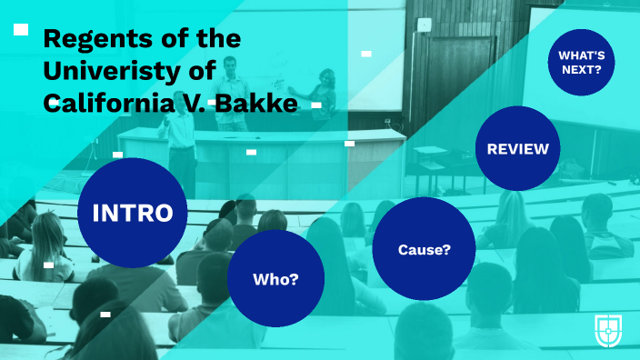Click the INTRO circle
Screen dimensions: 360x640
(x=133, y=213)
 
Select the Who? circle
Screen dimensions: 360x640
(x=275, y=278)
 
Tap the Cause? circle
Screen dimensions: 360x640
(x=424, y=248)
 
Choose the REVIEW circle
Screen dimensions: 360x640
(x=517, y=148)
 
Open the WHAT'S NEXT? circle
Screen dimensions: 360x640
(x=581, y=61)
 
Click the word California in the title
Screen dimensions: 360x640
(x=100, y=105)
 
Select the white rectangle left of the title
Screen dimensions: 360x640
(x=21, y=30)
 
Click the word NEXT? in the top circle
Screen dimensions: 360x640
(x=581, y=69)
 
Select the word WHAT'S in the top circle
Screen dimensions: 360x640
(x=581, y=54)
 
